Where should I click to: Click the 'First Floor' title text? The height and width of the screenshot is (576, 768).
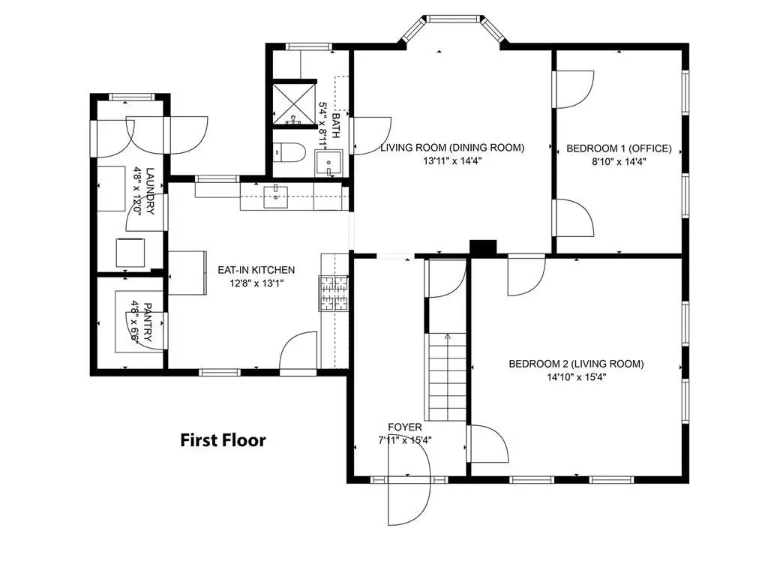click(223, 439)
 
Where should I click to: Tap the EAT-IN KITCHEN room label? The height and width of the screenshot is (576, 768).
click(256, 270)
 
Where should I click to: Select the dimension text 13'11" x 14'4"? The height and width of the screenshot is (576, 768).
click(452, 160)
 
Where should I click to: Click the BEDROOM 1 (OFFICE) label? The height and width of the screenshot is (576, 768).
click(619, 148)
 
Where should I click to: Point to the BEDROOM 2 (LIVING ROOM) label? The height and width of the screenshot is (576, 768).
click(576, 364)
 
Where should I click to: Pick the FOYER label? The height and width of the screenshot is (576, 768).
click(404, 427)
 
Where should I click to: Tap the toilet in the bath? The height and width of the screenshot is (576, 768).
click(289, 151)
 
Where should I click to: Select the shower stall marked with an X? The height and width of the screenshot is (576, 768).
click(294, 103)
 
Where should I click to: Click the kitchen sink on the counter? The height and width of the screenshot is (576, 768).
click(276, 197)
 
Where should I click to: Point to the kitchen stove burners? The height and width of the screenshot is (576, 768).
click(334, 293)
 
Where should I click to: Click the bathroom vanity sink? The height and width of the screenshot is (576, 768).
click(328, 163)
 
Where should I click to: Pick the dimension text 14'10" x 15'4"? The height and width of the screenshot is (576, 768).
click(577, 377)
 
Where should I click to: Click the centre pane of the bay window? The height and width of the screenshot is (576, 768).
click(452, 19)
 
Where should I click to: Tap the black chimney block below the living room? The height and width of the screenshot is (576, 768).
click(483, 247)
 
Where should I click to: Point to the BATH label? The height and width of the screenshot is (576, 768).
click(335, 126)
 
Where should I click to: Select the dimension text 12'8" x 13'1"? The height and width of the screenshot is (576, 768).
click(256, 283)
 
